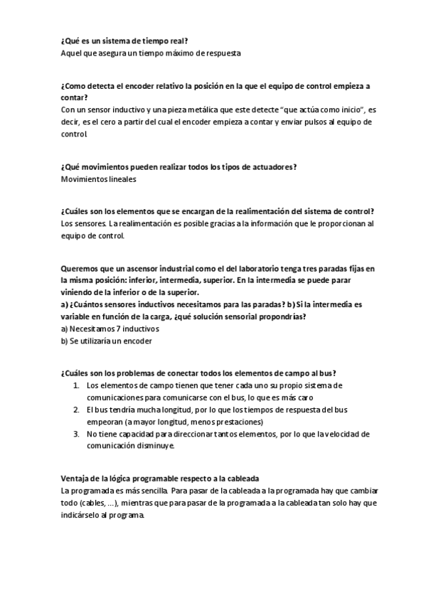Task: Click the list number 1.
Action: coord(76,385)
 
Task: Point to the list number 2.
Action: coord(76,410)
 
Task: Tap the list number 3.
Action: coord(76,434)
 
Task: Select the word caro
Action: coord(304,397)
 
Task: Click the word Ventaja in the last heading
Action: coord(76,479)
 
